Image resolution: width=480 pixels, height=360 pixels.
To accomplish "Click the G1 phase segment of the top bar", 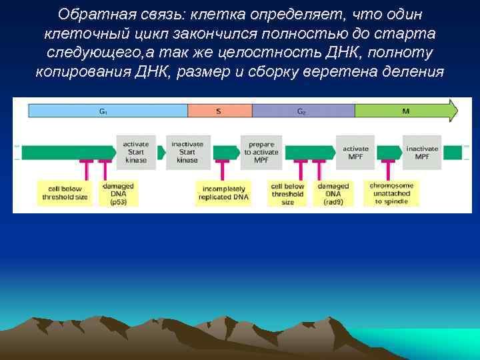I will coord(107,111).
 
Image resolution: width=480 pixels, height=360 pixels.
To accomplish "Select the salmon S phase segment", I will coord(219,111).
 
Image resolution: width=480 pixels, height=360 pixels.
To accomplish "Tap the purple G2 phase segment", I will coord(302,111).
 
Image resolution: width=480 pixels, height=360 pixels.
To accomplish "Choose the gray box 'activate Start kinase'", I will coord(136,152).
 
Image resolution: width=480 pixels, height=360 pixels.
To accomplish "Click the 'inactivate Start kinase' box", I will coord(188,152).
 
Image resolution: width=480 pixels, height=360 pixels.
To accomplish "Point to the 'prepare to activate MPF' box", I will coord(261,152).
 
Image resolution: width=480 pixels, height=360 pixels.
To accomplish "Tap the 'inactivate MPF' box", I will coord(422,152).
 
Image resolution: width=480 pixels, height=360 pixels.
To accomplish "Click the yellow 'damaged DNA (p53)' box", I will coord(118,193).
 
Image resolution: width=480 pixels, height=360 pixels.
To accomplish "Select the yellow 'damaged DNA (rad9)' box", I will coord(333,193).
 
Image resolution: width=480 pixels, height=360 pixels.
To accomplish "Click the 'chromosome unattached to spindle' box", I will coord(391,193).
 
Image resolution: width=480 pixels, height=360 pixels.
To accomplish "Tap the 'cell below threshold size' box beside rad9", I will coord(287,193).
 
